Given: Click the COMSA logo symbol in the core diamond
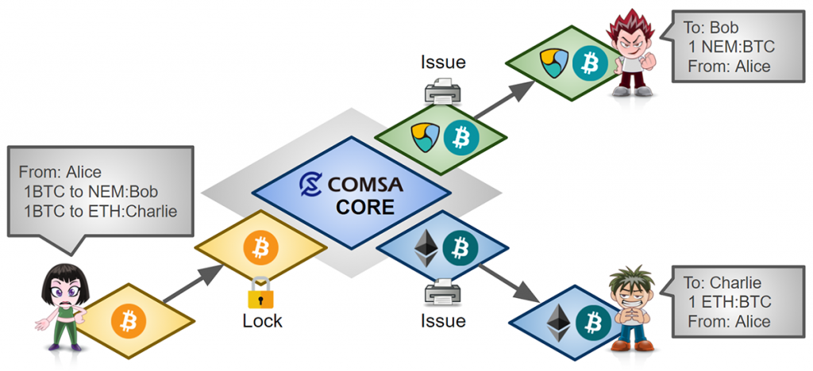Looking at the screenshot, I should (311, 185).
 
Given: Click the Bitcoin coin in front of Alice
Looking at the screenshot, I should (125, 320).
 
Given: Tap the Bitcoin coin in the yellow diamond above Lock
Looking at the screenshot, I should (260, 247).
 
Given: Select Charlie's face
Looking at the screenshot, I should (626, 290).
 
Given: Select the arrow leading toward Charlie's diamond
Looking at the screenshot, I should (512, 281).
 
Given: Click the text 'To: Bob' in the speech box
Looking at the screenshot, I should (710, 29).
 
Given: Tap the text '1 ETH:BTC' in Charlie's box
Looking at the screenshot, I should (730, 302).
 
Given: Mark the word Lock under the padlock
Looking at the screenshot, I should (262, 321).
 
